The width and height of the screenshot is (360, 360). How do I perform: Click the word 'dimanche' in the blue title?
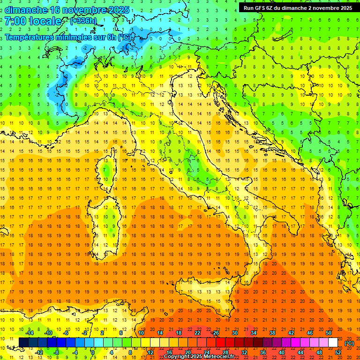click(26, 10)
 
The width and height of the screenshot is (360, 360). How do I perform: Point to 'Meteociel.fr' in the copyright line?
click(218, 357)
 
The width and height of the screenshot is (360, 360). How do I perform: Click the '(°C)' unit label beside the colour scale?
click(349, 343)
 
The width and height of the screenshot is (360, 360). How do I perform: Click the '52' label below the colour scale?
click(338, 352)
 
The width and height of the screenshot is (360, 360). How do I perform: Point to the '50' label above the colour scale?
click(329, 333)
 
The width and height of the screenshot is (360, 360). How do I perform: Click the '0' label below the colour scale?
click(93, 352)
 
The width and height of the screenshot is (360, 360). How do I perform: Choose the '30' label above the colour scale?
click(235, 333)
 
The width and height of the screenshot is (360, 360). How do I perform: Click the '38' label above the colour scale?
click(272, 333)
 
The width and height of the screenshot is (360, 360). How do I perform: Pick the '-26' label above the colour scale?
click(216, 333)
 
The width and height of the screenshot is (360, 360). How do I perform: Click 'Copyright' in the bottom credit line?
click(177, 357)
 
